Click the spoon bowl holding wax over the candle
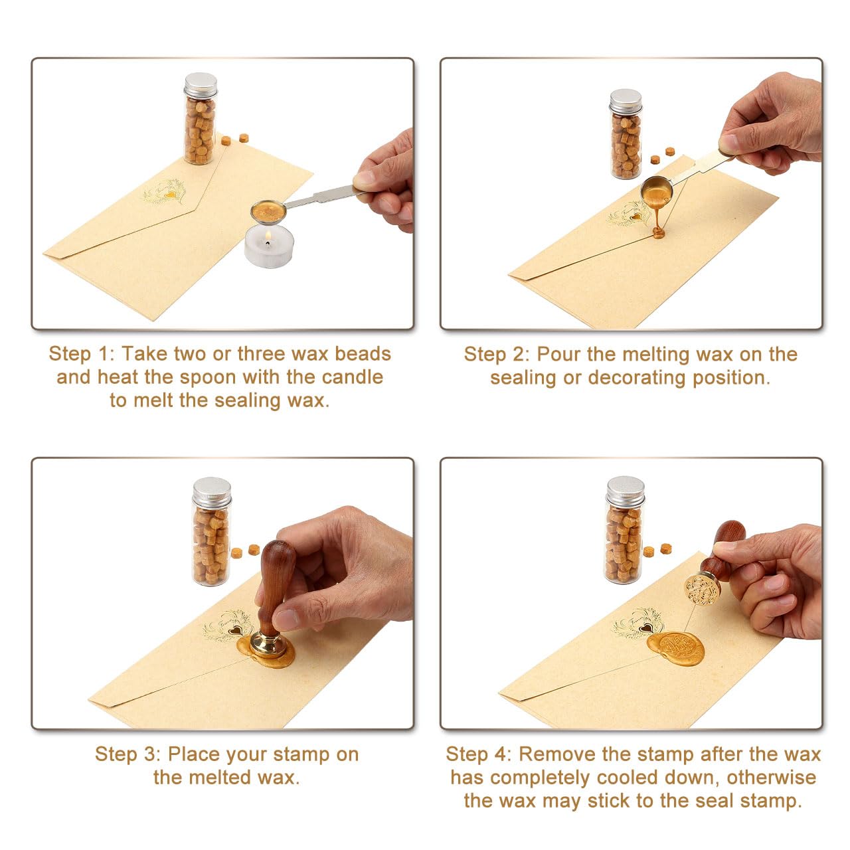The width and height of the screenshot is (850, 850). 268,212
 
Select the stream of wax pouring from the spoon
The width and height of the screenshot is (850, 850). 658,216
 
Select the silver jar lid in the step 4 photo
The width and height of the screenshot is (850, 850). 625,491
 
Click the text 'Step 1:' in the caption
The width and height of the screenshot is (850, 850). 81,354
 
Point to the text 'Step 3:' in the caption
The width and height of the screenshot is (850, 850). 127,754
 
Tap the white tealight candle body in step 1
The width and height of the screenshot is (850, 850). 268,252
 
